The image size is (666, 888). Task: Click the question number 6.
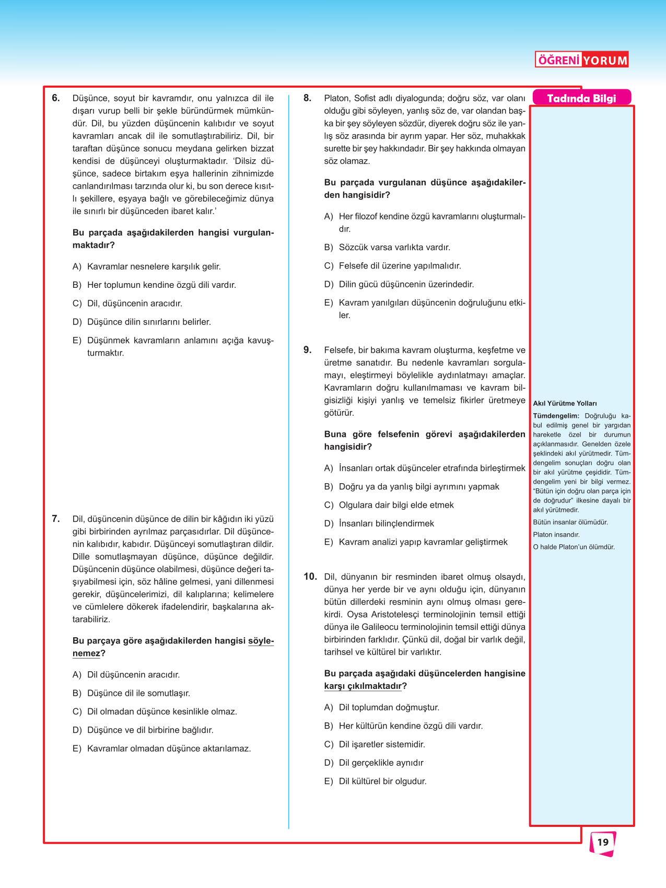coord(56,98)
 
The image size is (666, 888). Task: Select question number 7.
coord(56,519)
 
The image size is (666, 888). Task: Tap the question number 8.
coord(307,98)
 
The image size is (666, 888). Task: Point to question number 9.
coord(307,349)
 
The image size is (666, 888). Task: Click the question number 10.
coord(310,576)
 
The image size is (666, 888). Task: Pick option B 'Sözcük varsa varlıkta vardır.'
coord(394,248)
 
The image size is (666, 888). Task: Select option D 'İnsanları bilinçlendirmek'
coord(386,523)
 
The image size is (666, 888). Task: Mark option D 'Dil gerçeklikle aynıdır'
coord(381,763)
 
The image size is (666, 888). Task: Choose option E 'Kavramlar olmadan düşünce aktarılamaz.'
coord(168,749)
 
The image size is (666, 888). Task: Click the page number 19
coord(603,842)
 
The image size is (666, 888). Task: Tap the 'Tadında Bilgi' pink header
coord(581,98)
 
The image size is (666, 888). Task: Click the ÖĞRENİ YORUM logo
coord(581,60)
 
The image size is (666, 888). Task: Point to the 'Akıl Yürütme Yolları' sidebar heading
coord(565,403)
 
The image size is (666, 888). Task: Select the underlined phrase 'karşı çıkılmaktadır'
coord(363,686)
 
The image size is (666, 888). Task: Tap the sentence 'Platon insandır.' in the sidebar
coord(556,534)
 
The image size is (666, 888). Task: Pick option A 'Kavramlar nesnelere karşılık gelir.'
coord(154,266)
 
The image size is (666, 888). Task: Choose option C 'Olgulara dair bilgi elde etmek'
coord(396,505)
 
